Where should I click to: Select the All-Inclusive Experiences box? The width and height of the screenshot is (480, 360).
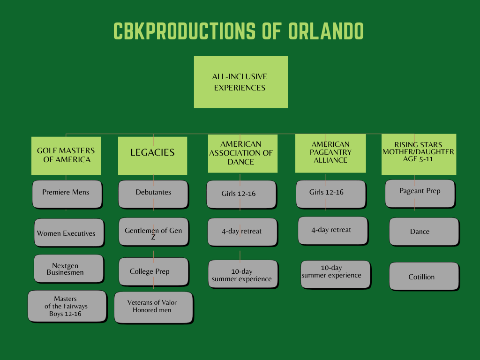240,82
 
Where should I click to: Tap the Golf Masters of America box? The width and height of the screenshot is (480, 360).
66,155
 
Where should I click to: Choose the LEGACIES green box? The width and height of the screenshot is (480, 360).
152,155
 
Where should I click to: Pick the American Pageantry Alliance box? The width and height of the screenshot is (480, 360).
330,153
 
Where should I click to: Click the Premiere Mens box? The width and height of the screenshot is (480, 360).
67,194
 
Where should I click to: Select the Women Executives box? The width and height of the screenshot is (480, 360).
68,232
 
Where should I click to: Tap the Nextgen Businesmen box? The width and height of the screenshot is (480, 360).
68,269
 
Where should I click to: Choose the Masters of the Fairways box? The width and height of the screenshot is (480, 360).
67,306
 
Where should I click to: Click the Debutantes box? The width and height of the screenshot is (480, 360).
153,194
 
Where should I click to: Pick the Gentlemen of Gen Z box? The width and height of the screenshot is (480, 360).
153,232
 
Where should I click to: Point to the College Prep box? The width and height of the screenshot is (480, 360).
153,271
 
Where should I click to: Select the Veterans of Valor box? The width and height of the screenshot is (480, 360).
153,307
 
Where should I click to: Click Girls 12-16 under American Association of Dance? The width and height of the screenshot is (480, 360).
241,194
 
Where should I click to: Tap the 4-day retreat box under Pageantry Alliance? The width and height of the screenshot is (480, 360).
332,230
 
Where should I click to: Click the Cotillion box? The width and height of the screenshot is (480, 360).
423,276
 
